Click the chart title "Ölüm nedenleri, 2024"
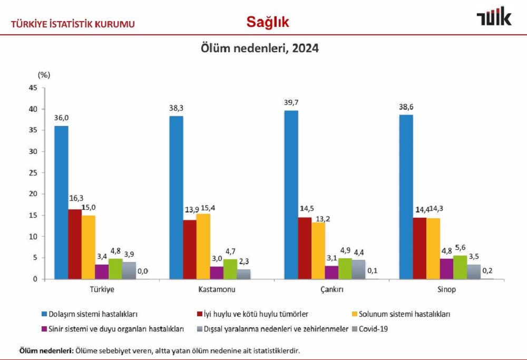(x=259, y=48)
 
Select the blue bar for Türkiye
(x=61, y=202)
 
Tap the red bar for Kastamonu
(x=189, y=249)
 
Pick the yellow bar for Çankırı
(x=318, y=251)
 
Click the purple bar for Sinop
(x=446, y=268)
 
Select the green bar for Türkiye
(x=115, y=268)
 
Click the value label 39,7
(x=291, y=102)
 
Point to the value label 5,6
(x=461, y=247)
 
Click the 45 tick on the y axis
(x=33, y=88)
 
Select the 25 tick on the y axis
(x=33, y=173)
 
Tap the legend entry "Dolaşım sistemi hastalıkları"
(x=90, y=314)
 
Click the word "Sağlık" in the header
(x=268, y=22)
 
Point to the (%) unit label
(x=44, y=74)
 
